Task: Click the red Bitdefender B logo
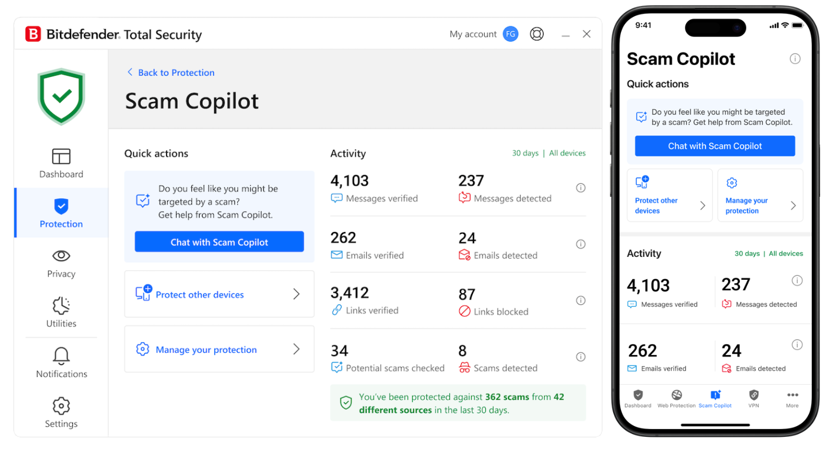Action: (x=33, y=34)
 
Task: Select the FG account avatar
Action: (x=510, y=34)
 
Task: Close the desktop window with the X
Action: (x=586, y=34)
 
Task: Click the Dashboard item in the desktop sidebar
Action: (x=61, y=163)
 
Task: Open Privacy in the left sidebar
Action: (x=61, y=264)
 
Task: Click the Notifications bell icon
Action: (x=61, y=356)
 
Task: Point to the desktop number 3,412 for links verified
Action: (x=349, y=293)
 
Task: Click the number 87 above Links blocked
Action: (x=467, y=294)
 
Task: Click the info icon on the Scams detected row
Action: (x=581, y=357)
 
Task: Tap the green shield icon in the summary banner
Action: (x=346, y=403)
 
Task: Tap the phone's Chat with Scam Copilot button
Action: (x=715, y=146)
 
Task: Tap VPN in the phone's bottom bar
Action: (x=753, y=398)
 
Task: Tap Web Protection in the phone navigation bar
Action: (x=676, y=398)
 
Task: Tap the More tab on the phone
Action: (x=792, y=398)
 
